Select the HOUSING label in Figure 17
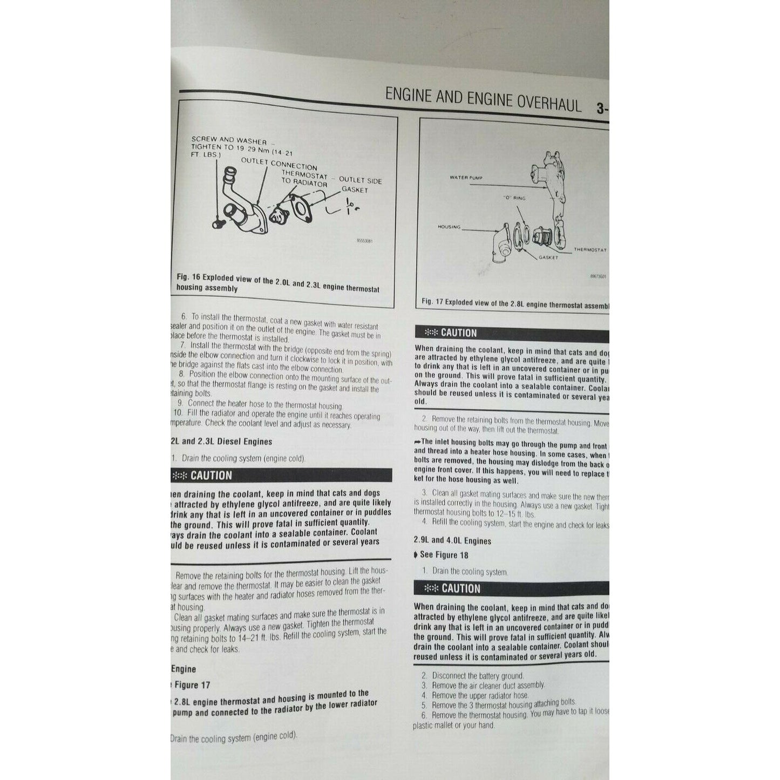coord(449,227)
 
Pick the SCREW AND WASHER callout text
coord(229,140)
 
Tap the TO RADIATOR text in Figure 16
coord(304,182)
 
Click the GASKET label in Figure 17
coord(548,257)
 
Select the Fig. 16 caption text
coord(277,283)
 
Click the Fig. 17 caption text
coord(516,304)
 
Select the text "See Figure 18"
coord(444,555)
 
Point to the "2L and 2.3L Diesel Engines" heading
coord(221,442)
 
